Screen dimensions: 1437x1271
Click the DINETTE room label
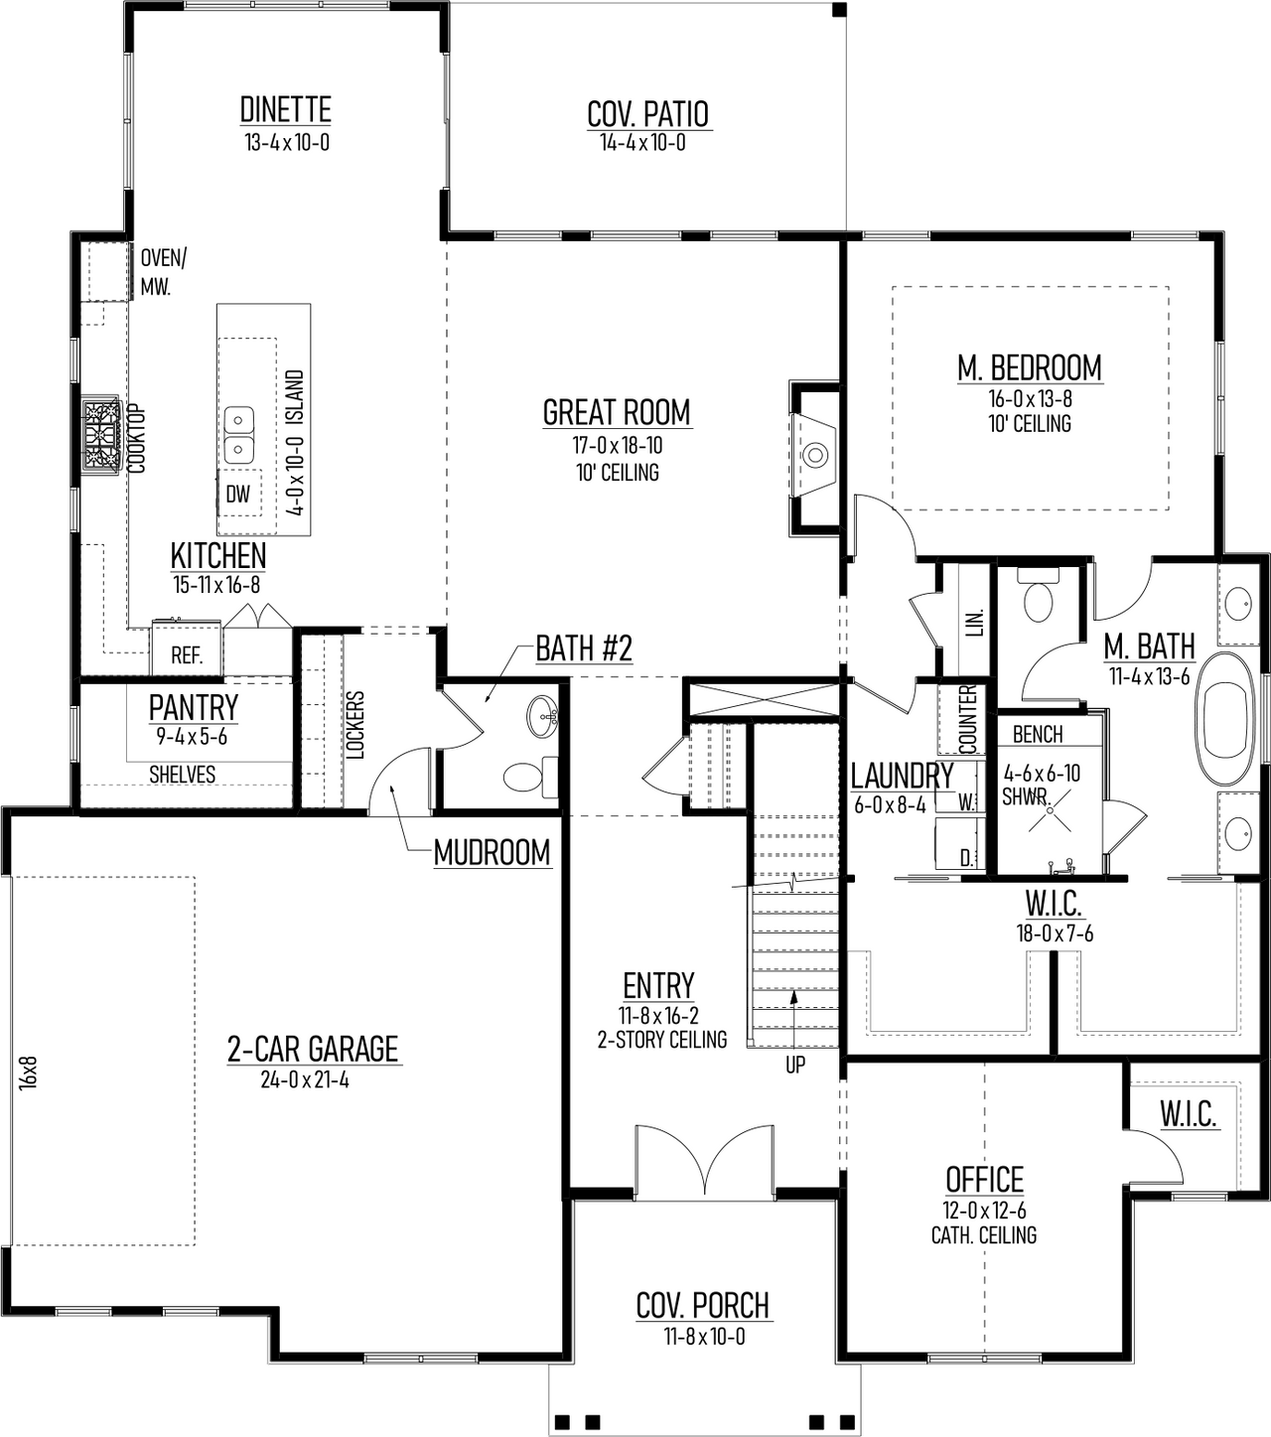(286, 109)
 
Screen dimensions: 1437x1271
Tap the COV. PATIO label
(647, 114)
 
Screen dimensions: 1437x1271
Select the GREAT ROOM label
(617, 412)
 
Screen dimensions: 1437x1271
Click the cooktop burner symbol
(100, 437)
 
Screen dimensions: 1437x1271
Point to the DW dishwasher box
(238, 494)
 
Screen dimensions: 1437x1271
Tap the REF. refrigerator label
(187, 656)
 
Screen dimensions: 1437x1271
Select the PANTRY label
(194, 708)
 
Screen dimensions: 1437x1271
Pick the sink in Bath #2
(543, 710)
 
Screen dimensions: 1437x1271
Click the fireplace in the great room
(815, 454)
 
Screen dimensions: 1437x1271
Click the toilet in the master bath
(1040, 598)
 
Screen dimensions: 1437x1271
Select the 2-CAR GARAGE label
(313, 1049)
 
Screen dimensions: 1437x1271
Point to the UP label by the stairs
(795, 1066)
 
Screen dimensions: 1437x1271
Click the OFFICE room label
(984, 1180)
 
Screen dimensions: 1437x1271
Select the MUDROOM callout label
(492, 852)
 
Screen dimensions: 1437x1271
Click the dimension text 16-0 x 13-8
(1029, 399)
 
